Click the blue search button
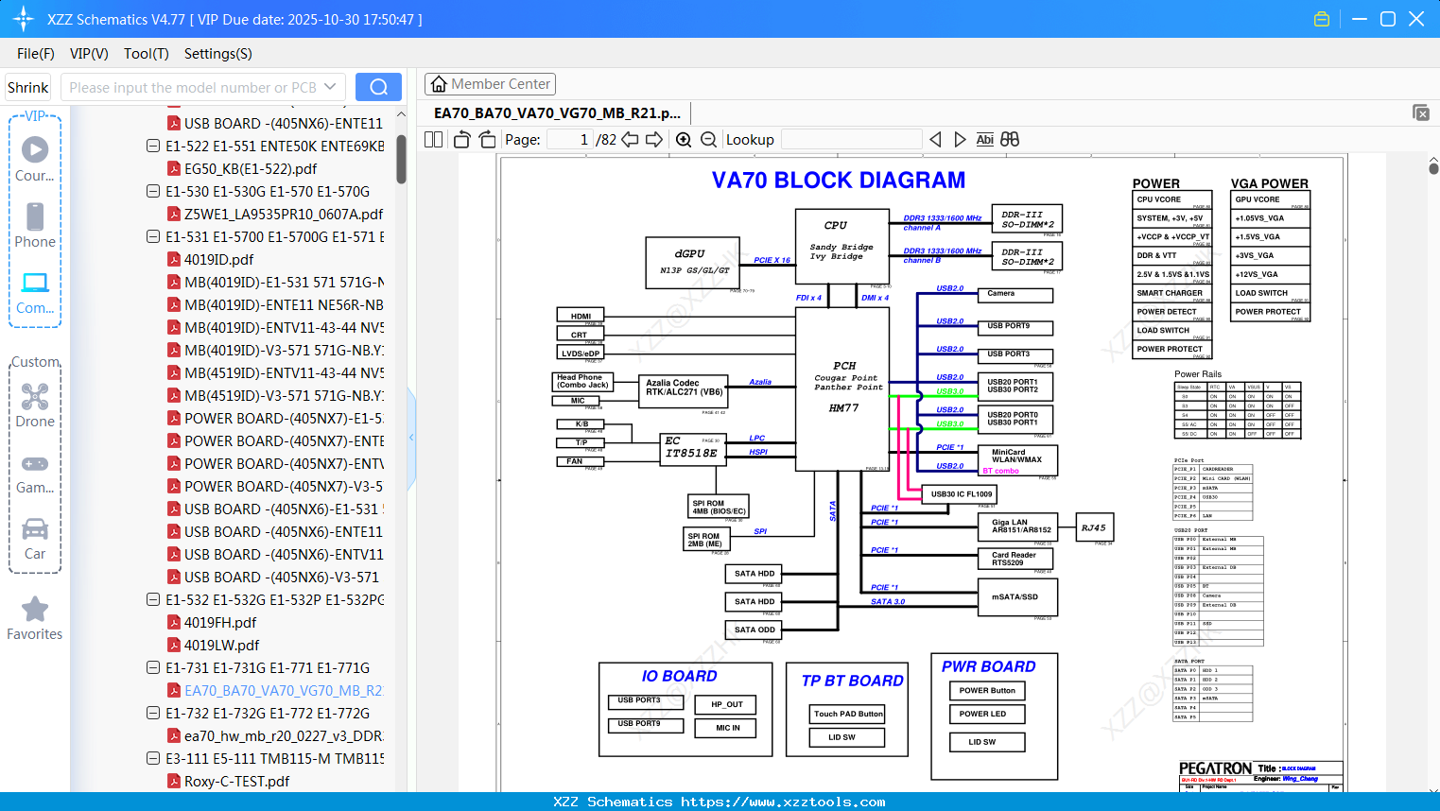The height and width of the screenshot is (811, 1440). point(378,87)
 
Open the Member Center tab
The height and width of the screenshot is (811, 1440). point(490,84)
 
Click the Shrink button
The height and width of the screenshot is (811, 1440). point(27,87)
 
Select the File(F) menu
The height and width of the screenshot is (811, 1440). point(36,54)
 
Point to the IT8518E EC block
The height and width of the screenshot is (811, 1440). point(690,448)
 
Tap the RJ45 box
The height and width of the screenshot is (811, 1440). point(1093,527)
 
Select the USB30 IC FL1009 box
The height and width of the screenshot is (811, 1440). point(961,493)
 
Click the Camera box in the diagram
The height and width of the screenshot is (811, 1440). point(1014,294)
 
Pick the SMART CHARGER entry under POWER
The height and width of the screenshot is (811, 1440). point(1171,293)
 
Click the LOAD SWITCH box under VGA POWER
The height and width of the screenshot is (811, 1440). point(1270,293)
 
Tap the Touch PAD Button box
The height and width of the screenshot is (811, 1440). point(848,714)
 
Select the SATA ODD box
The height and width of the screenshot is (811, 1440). point(755,630)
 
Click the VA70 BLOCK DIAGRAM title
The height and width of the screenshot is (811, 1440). point(839,180)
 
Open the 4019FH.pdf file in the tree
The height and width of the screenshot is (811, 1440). point(220,622)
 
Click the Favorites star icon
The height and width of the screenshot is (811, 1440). point(35,610)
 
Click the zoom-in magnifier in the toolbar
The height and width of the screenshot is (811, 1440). point(684,140)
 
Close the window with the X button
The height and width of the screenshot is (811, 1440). point(1416,19)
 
